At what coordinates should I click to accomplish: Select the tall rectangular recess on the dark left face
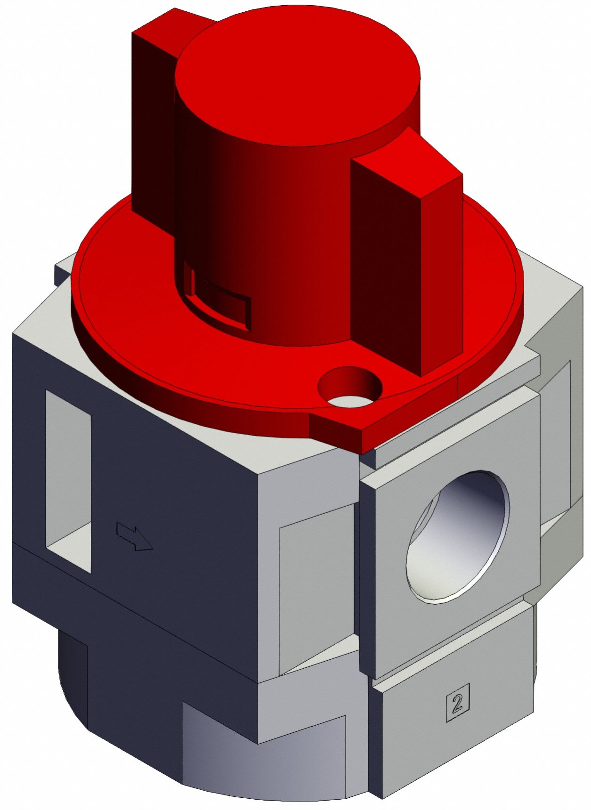[68, 480]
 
